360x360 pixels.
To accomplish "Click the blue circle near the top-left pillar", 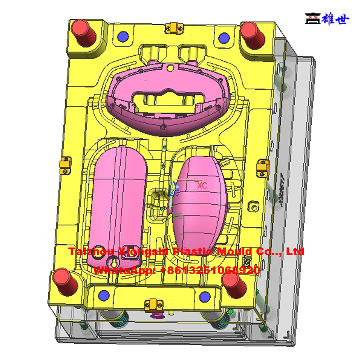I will [121, 36].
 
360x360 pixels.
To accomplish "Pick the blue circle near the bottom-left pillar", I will [105, 295].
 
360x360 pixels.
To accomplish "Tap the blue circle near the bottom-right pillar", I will [205, 297].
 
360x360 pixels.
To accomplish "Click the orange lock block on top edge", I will [171, 27].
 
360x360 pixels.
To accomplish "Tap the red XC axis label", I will [202, 185].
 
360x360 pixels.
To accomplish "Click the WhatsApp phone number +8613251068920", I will [210, 270].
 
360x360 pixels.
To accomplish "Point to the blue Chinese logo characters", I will [334, 18].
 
